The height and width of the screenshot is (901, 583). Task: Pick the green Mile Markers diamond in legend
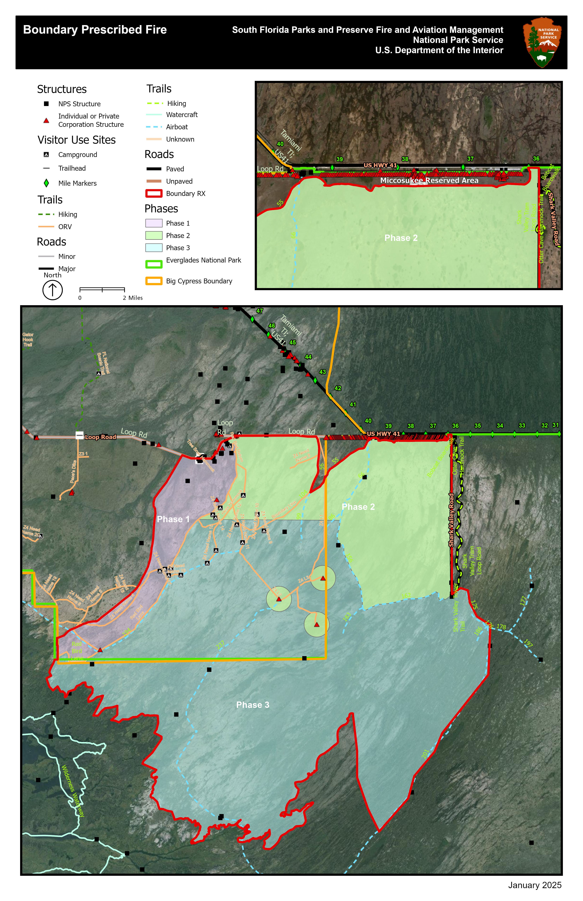click(x=46, y=183)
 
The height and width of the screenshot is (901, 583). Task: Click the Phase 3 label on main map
click(x=252, y=705)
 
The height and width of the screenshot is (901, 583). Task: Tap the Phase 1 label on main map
click(x=173, y=519)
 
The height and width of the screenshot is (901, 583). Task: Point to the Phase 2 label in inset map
click(x=401, y=238)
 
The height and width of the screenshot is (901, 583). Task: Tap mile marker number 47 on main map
click(x=260, y=311)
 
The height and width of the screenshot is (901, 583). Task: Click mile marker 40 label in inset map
click(x=280, y=144)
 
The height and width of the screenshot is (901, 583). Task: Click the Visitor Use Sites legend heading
click(x=76, y=140)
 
